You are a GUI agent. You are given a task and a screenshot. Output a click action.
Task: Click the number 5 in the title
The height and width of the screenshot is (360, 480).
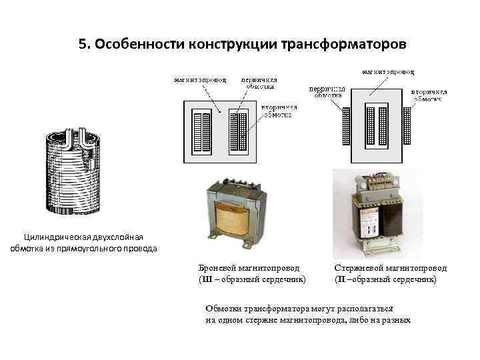tap(82, 45)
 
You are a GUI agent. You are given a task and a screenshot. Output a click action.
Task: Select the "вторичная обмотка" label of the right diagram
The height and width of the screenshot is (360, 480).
tap(429, 95)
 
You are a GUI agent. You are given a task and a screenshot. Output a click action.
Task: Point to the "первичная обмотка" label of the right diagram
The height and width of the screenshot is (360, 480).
tap(327, 92)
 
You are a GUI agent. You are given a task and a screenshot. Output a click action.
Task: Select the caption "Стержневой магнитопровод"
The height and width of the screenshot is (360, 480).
tap(390, 268)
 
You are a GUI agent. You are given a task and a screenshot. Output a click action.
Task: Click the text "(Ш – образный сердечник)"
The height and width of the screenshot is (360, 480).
tap(252, 279)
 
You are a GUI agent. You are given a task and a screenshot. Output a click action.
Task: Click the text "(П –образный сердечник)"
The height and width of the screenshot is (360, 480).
tap(385, 279)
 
